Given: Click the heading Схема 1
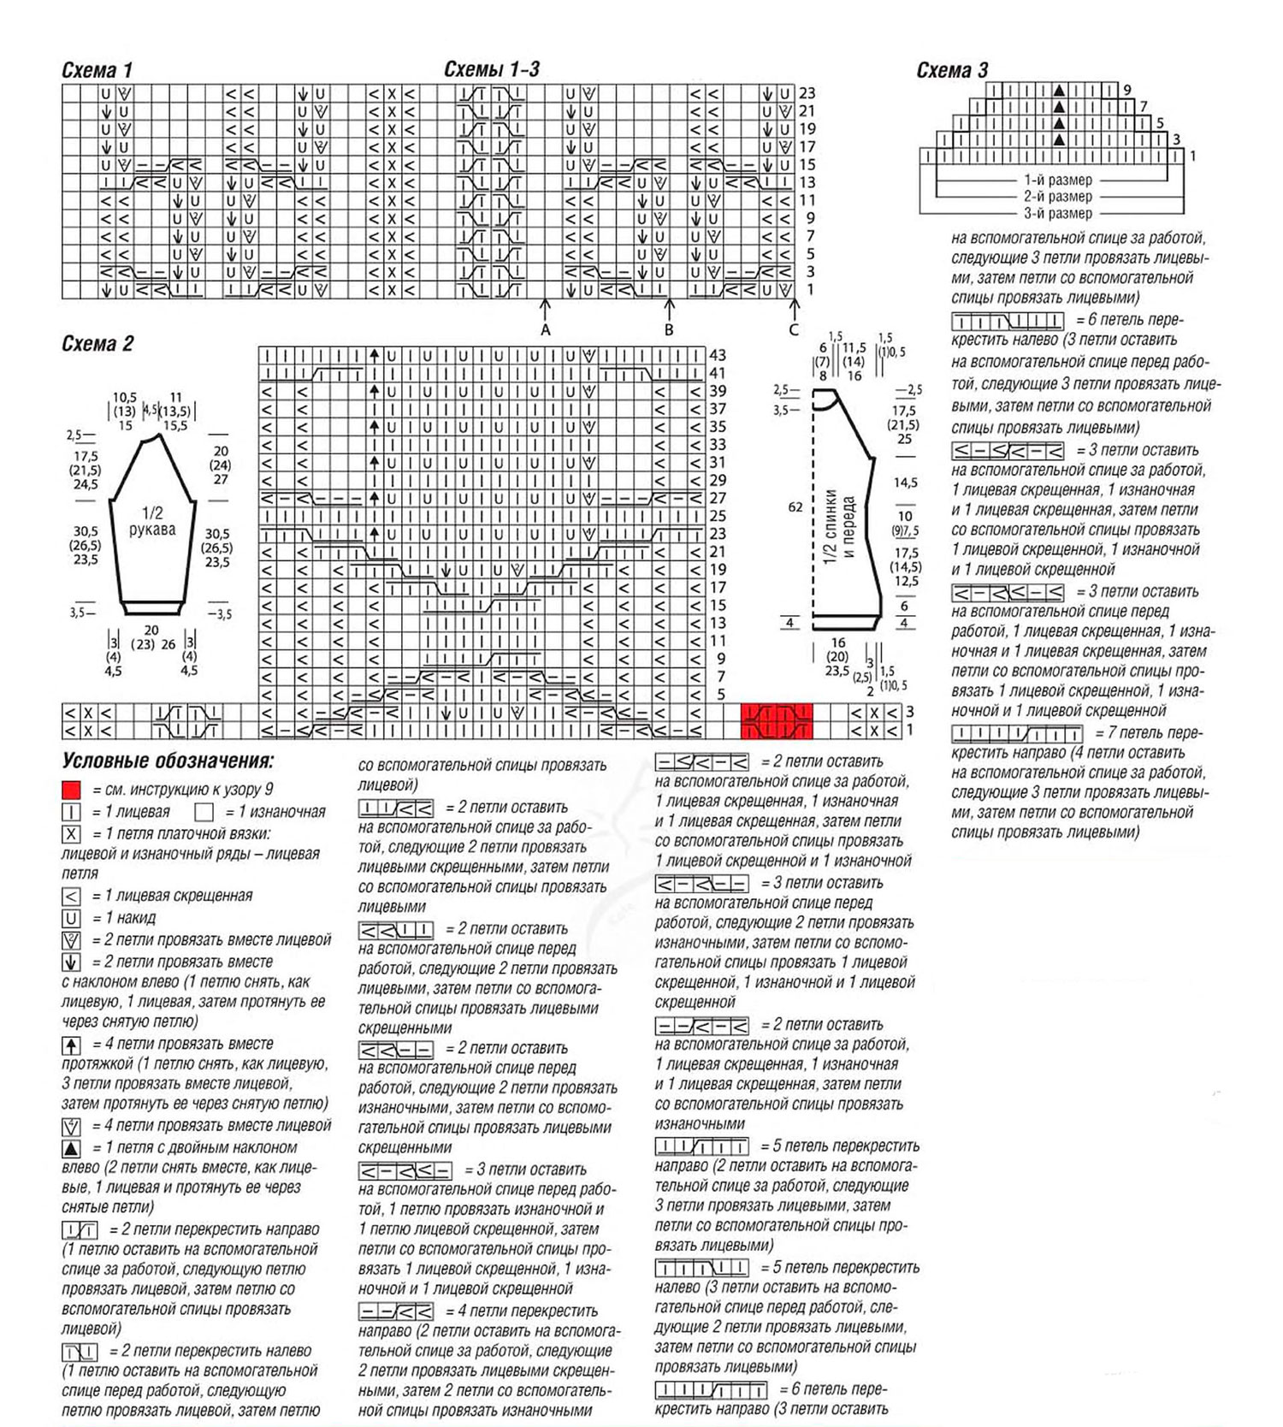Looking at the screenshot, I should [x=97, y=70].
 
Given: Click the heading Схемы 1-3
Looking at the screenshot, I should [x=492, y=69].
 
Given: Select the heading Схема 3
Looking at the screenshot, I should [x=952, y=70].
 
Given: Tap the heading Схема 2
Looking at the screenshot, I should [x=98, y=344].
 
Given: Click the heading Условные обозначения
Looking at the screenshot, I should [x=168, y=761].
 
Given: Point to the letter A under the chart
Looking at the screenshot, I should [x=546, y=329].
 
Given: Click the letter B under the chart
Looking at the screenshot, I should [x=669, y=329].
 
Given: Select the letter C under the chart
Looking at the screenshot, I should [x=794, y=329].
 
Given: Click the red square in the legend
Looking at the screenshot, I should [x=71, y=790].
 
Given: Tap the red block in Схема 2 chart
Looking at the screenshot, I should [x=776, y=720].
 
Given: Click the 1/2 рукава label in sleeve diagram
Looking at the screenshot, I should [x=152, y=521].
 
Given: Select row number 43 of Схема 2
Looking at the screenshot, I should [x=717, y=355].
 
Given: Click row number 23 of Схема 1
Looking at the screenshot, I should [x=807, y=93].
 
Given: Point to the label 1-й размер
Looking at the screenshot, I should [x=1058, y=181].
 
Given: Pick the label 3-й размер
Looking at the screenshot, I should [x=1058, y=213].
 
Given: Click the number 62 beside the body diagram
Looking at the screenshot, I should [x=795, y=507].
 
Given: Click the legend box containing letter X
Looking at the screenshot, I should [x=71, y=833].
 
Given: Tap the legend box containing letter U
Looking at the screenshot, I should [x=71, y=918].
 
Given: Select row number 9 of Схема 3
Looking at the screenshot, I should [x=1128, y=90].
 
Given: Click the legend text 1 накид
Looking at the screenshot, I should [x=130, y=918].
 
